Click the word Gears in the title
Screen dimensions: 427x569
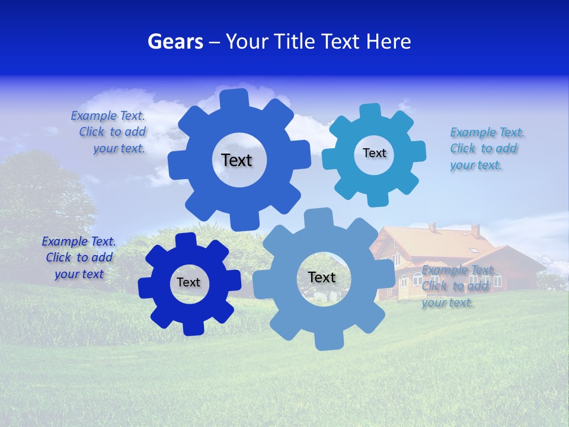pyautogui.click(x=175, y=42)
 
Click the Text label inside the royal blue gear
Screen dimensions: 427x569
pyautogui.click(x=236, y=160)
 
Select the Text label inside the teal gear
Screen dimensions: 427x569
pyautogui.click(x=374, y=153)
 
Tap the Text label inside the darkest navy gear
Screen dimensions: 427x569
pyautogui.click(x=188, y=282)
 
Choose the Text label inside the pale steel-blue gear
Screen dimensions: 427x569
pyautogui.click(x=322, y=277)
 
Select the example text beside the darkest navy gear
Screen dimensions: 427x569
pyautogui.click(x=79, y=257)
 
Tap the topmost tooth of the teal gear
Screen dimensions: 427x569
pyautogui.click(x=369, y=111)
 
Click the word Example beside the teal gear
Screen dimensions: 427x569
pyautogui.click(x=469, y=132)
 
